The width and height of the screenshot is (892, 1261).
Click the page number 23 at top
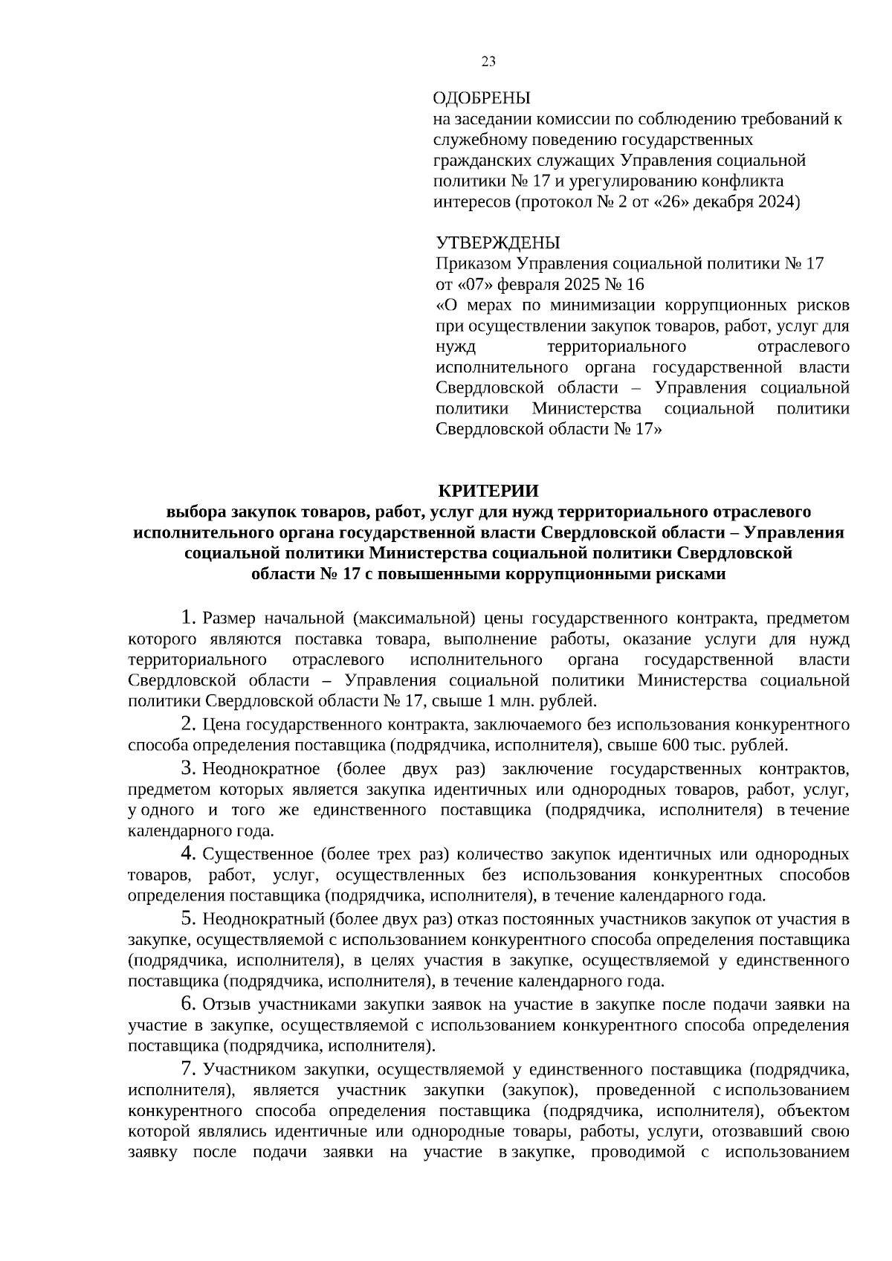(488, 62)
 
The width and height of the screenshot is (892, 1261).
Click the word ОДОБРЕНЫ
(481, 98)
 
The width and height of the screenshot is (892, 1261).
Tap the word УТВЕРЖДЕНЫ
(497, 243)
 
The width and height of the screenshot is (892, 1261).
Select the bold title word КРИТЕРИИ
(488, 491)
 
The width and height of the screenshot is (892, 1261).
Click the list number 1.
(188, 617)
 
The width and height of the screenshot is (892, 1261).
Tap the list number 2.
(188, 723)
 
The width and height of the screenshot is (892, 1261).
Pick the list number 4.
(188, 853)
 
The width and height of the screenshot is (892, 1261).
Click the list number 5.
(188, 918)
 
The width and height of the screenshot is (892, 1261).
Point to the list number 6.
(188, 1004)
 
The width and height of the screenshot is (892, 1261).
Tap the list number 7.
(188, 1069)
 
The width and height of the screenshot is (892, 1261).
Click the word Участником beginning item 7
(248, 1070)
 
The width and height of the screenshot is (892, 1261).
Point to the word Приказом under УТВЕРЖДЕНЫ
(473, 264)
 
